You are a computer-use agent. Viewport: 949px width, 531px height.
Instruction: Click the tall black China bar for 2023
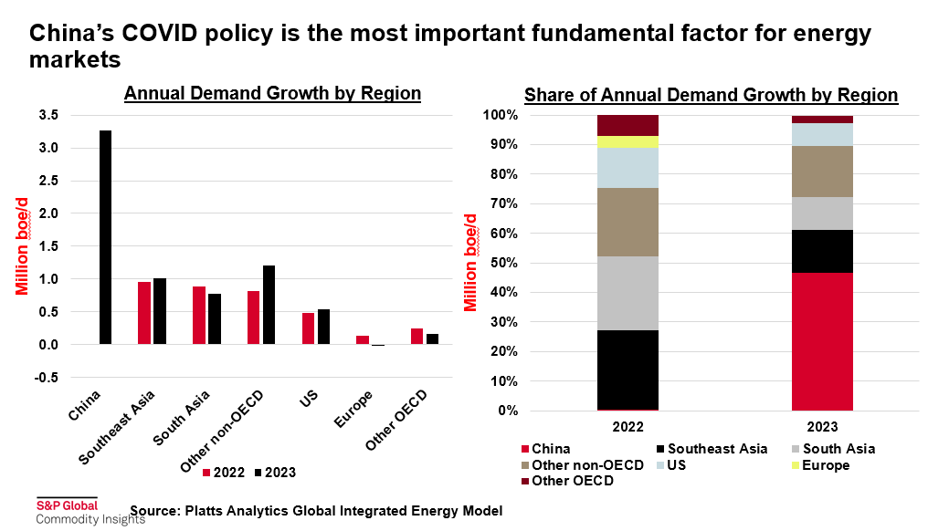coord(106,237)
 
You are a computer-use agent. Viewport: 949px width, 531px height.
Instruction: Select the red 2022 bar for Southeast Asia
coord(144,313)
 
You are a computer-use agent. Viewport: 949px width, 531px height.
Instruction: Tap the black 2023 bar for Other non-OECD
coord(269,305)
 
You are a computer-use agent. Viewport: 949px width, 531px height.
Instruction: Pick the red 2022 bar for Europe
coord(363,339)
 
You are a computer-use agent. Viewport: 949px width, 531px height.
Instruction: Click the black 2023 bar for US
coord(323,327)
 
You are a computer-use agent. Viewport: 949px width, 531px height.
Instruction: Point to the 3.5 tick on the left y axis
coord(48,115)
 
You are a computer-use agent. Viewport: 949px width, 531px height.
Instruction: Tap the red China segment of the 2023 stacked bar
coord(822,341)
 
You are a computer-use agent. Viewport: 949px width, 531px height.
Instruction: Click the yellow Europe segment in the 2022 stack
coord(627,141)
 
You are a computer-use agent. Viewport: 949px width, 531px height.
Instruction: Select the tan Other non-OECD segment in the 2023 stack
coord(822,172)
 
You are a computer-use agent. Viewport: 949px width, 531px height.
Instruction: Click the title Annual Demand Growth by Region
coord(272,93)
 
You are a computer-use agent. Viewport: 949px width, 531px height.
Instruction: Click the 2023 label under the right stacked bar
coord(822,425)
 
